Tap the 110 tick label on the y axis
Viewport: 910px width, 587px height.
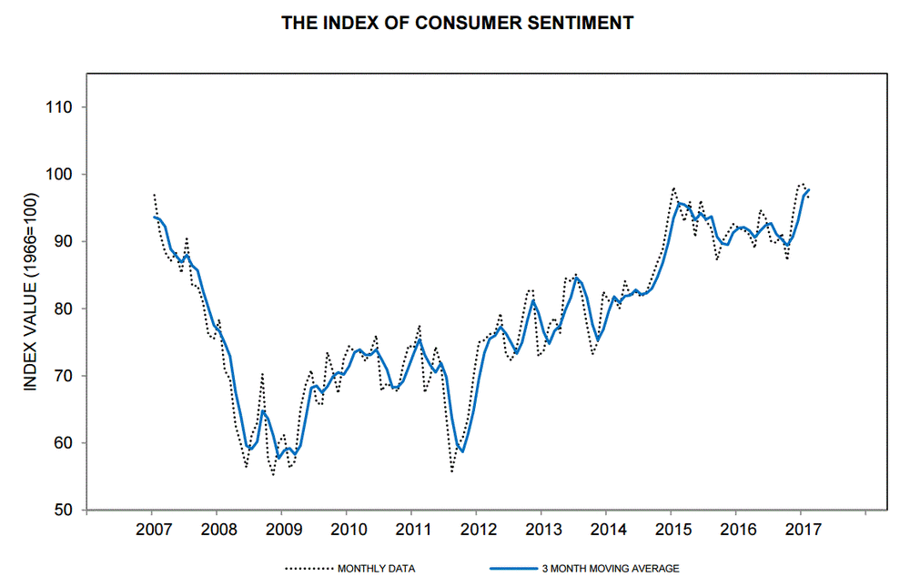(x=58, y=107)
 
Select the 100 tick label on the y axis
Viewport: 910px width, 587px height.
(x=58, y=175)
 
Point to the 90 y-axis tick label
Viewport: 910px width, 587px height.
(x=62, y=242)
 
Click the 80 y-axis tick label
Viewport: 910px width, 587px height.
(x=62, y=309)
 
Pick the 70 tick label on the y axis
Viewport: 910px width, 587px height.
(x=62, y=376)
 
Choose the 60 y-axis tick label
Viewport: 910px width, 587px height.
(x=62, y=443)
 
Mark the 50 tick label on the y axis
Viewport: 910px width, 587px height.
(x=62, y=511)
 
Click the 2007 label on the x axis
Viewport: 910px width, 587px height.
(x=152, y=531)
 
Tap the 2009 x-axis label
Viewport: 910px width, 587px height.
(x=282, y=531)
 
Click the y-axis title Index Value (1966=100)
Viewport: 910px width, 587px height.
(x=30, y=293)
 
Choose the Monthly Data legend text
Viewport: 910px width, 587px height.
(x=378, y=569)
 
